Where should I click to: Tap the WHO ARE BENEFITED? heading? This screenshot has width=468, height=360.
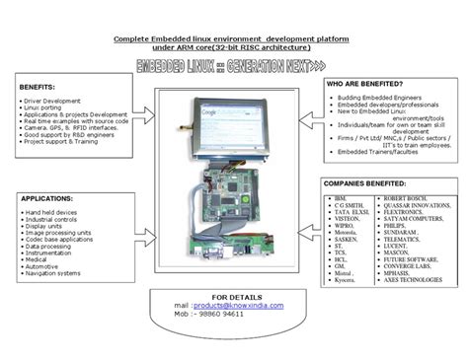366,86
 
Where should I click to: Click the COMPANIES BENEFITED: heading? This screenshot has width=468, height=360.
370,182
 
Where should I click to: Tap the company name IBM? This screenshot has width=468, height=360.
341,198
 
